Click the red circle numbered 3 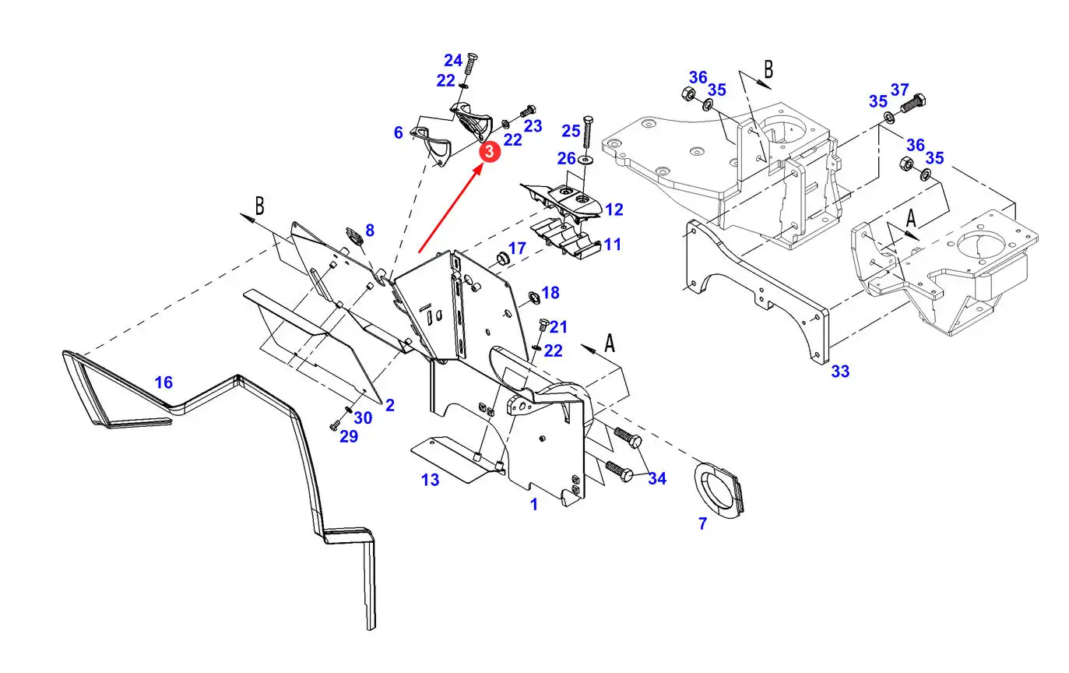click(488, 152)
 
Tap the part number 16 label click(164, 382)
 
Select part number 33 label click(840, 372)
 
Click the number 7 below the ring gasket click(702, 524)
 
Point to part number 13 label click(431, 480)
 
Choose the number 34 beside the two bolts click(657, 478)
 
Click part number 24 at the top click(453, 61)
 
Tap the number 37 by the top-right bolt click(900, 89)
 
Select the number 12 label click(614, 210)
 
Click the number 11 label click(612, 245)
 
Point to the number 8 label click(370, 231)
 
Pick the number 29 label click(349, 437)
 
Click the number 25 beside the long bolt click(571, 131)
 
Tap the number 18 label click(550, 293)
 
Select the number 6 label click(399, 133)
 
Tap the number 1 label click(534, 505)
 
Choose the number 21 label click(559, 327)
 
